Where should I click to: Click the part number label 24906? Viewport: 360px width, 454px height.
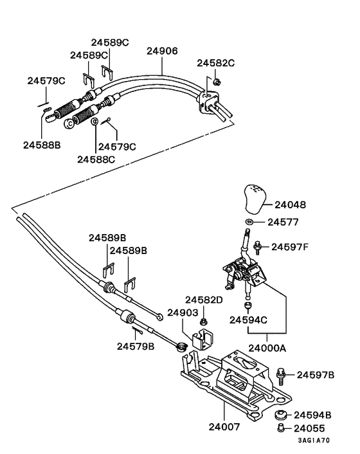point(162,51)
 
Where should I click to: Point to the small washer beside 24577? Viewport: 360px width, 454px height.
point(248,223)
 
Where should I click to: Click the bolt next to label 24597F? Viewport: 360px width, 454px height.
point(257,246)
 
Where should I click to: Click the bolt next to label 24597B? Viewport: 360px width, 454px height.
point(282,374)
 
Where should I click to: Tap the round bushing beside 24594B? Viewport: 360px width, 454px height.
point(280,415)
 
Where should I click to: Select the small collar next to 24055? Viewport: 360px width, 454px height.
point(280,428)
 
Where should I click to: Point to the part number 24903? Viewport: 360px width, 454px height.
point(183,313)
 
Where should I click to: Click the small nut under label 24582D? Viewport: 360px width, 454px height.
point(203,320)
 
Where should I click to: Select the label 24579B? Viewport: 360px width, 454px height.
point(136,346)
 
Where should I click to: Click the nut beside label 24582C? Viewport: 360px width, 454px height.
point(217,81)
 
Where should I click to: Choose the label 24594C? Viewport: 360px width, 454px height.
point(249,320)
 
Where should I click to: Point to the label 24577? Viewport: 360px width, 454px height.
point(283,223)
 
